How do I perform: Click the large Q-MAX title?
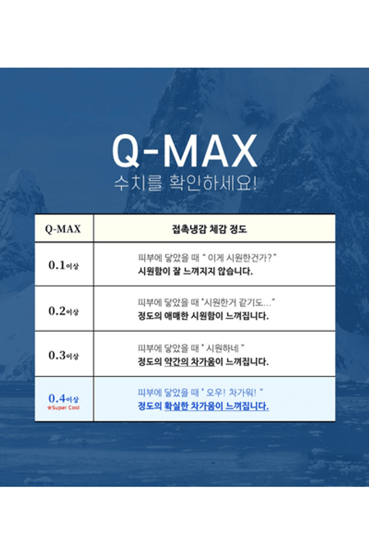(x=184, y=151)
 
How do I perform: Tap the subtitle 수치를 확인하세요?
(x=185, y=183)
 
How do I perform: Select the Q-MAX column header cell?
(x=64, y=228)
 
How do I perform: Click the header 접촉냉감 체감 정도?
(x=209, y=229)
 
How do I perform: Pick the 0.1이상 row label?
(x=63, y=264)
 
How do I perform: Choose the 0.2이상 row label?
(x=63, y=311)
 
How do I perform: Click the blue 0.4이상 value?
(x=63, y=398)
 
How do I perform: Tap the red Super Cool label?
(x=63, y=408)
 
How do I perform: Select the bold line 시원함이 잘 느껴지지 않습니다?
(x=195, y=271)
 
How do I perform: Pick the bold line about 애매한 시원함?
(x=203, y=316)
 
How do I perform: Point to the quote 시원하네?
(x=223, y=348)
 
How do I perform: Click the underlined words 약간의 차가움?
(x=189, y=362)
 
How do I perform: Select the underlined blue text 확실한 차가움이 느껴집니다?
(x=216, y=406)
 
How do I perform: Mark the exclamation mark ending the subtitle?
(x=254, y=183)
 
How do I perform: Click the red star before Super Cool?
(x=49, y=408)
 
